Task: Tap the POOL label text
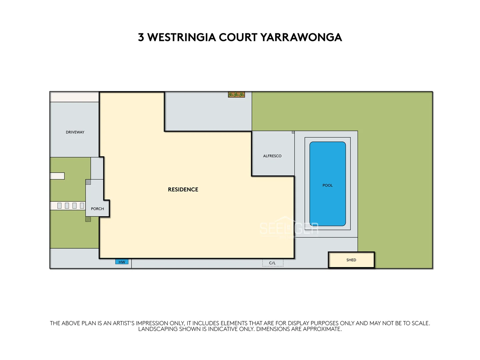[327, 185]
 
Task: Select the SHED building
[351, 260]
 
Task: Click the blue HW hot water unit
[122, 262]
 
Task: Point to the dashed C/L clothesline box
[272, 263]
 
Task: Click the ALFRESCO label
[272, 156]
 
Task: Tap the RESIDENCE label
[183, 189]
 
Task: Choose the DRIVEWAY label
[75, 132]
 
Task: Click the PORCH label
[97, 209]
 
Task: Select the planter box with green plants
[236, 95]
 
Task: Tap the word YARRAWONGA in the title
[301, 37]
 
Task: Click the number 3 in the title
[141, 37]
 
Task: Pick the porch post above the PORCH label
[88, 182]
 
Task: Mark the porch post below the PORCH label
[88, 219]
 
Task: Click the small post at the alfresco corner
[293, 132]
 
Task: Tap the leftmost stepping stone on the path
[60, 206]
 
